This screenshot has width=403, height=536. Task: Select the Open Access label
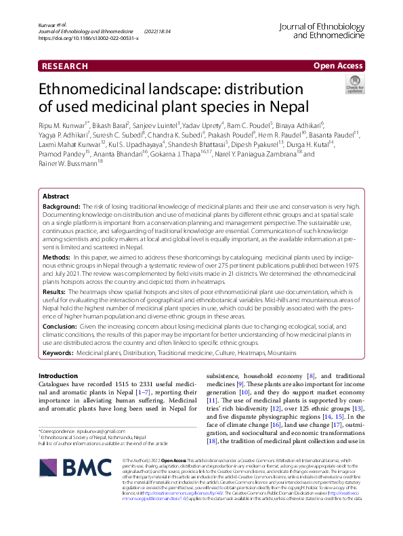click(x=337, y=66)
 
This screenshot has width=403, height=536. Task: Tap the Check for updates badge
click(x=354, y=85)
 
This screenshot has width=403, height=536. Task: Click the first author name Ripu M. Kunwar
click(x=67, y=126)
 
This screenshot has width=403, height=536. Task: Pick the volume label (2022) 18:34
click(x=158, y=31)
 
